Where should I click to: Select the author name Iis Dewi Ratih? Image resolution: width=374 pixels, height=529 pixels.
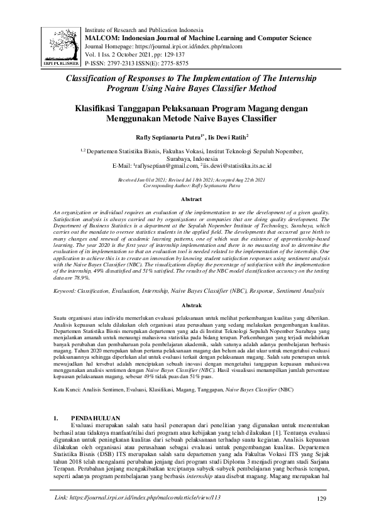point(230,136)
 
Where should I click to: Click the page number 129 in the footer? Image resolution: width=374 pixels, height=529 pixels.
point(323,516)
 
